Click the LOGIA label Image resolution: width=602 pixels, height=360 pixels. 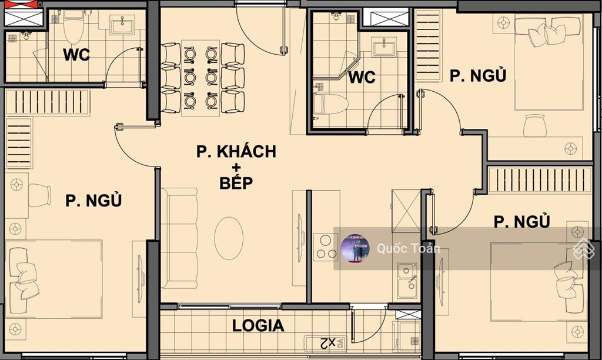258,325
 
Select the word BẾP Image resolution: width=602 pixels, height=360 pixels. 236,182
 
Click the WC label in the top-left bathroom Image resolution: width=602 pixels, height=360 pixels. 76,55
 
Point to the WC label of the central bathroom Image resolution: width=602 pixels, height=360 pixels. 362,78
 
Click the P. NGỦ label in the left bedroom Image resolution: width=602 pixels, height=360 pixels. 93,201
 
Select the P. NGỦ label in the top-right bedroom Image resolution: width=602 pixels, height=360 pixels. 478,76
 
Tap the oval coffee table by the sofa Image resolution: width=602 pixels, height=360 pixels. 229,238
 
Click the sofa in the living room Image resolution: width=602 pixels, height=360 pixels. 179,238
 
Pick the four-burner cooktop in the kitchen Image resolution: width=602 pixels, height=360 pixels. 325,247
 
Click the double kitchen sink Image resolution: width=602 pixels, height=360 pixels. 407,280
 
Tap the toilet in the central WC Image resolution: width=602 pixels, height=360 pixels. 331,104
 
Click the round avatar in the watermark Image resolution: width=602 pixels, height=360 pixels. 355,248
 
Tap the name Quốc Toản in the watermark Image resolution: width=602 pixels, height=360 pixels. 408,248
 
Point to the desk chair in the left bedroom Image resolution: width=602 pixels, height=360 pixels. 39,195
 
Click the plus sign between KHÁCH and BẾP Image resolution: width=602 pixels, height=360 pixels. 236,167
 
